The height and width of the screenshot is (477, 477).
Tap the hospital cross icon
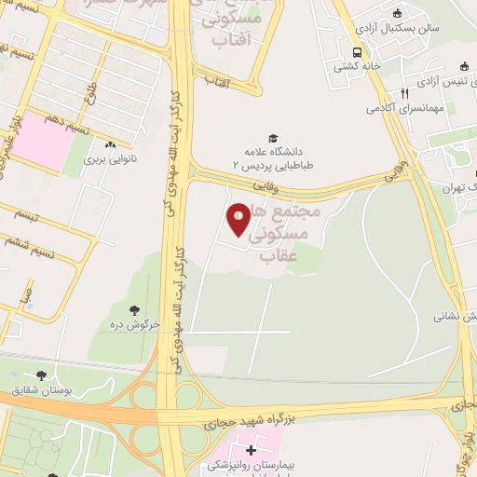tap(251, 450)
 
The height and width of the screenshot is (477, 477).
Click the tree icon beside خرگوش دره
tap(136, 310)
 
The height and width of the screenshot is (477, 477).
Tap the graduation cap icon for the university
tap(273, 138)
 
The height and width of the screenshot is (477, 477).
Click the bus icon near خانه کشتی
tap(358, 52)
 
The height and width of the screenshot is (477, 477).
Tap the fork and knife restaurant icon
tap(403, 94)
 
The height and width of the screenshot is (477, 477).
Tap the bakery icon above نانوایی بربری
tap(111, 144)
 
